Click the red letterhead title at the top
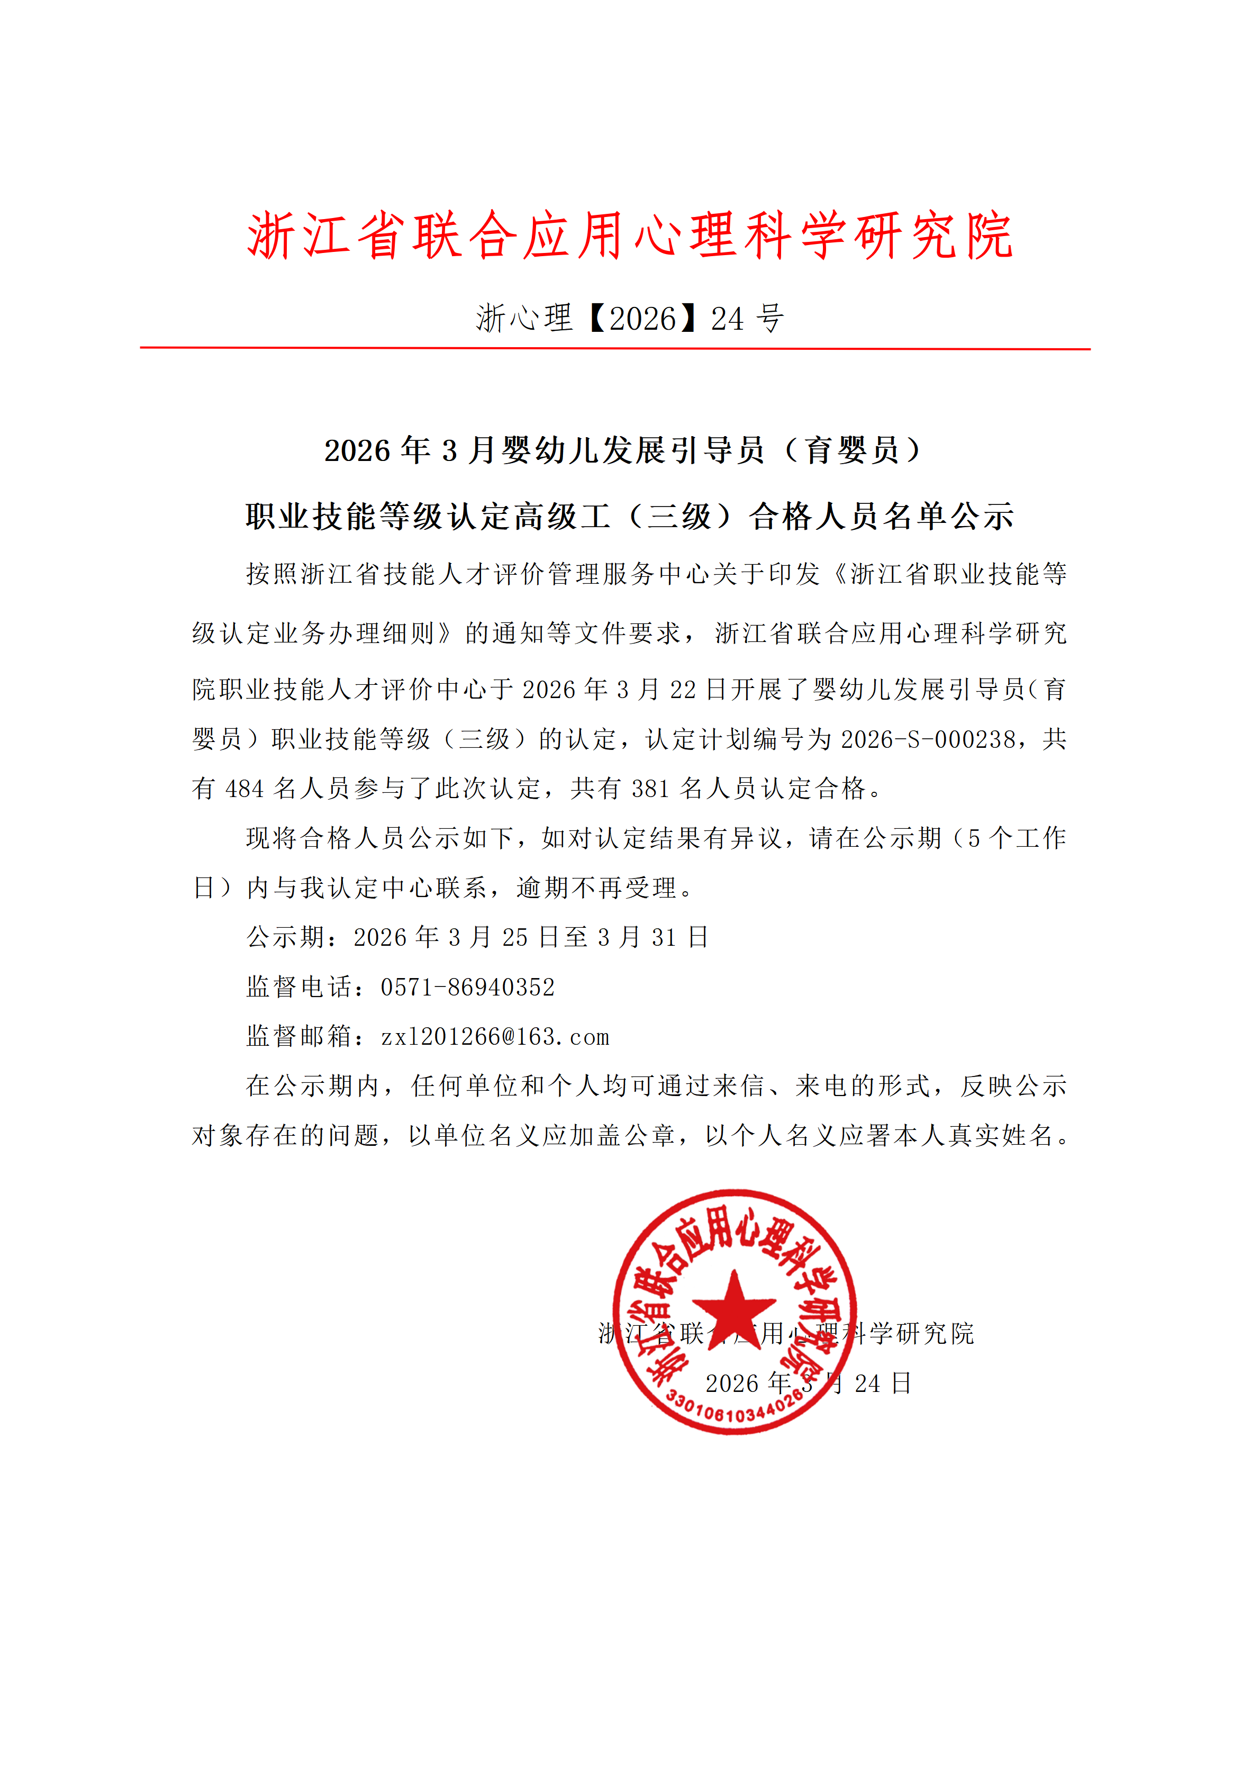(630, 234)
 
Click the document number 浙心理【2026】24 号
(630, 318)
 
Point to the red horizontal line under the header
(614, 348)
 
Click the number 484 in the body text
(244, 789)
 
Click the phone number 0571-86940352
(468, 987)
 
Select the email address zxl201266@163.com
(495, 1037)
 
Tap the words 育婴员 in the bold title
(852, 451)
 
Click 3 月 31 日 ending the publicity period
(652, 937)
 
